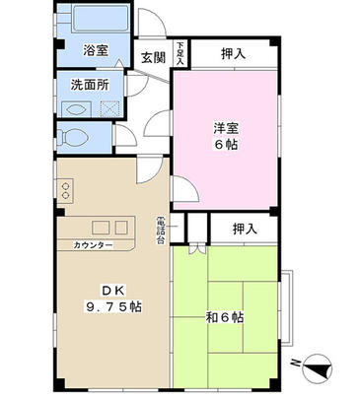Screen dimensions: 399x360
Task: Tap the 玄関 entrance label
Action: (151, 57)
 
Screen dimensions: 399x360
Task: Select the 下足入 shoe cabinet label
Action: (180, 52)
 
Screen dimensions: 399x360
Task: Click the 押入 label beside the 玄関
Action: (232, 52)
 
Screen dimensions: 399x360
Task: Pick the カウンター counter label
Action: (92, 244)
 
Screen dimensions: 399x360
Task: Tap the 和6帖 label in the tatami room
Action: (226, 318)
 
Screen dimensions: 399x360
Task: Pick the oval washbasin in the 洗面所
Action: (80, 108)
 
